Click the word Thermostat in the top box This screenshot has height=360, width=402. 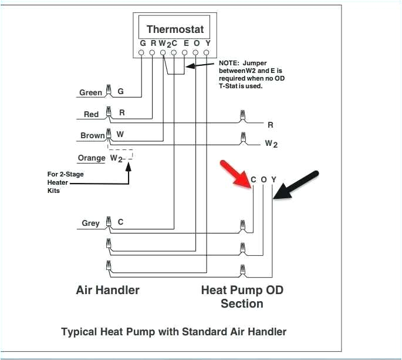(x=174, y=29)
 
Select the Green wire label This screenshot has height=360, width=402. (x=91, y=92)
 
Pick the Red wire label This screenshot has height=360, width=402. (x=91, y=114)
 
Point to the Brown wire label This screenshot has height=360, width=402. (x=92, y=135)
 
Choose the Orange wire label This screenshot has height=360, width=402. (x=91, y=158)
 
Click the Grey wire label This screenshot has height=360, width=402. (x=90, y=224)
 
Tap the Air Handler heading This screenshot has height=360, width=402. (x=108, y=290)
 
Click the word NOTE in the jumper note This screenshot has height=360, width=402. (x=229, y=62)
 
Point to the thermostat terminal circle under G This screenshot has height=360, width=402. (x=141, y=53)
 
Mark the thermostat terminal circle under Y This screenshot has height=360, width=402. (x=207, y=53)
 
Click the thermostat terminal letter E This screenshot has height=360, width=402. (x=185, y=43)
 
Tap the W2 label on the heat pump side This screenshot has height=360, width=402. (x=271, y=143)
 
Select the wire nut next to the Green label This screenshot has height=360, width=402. (x=108, y=91)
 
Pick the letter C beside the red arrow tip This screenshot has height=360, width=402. (x=254, y=179)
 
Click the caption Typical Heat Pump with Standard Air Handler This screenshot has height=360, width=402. (x=174, y=332)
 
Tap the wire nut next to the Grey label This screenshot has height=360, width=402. (x=108, y=222)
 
